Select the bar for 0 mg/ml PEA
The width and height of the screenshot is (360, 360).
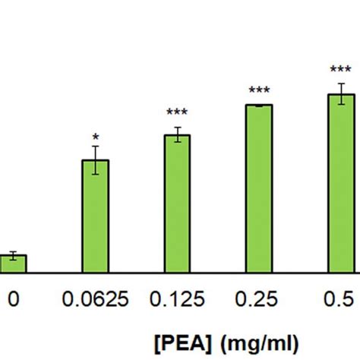click(13, 264)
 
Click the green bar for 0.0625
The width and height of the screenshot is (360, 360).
click(96, 216)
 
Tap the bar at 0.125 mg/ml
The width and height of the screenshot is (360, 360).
click(178, 204)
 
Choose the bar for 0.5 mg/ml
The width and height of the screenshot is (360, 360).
click(342, 183)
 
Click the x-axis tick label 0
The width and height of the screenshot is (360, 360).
click(13, 299)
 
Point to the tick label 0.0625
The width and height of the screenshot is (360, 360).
click(96, 299)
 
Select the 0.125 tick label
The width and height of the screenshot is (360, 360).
click(178, 299)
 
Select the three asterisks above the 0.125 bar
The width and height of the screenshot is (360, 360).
click(178, 114)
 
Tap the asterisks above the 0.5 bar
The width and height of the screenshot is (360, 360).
click(342, 71)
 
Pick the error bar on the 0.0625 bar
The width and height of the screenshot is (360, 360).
click(96, 160)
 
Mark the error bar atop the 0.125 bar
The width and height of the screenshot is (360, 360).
click(178, 135)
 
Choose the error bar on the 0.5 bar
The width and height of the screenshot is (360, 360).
click(342, 94)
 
